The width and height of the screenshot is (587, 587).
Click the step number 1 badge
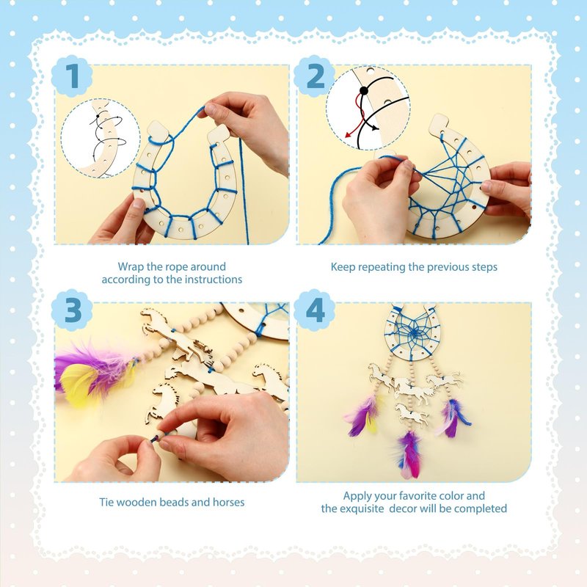coord(72,76)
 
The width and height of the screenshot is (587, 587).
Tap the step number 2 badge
coord(315,76)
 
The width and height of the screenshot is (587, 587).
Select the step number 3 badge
coord(72,310)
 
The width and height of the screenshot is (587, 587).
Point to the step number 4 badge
coord(315,310)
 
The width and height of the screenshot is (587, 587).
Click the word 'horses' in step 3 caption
coord(228,502)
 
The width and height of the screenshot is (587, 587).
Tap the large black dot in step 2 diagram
coord(363,90)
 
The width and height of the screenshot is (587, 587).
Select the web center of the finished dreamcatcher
coord(412,332)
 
